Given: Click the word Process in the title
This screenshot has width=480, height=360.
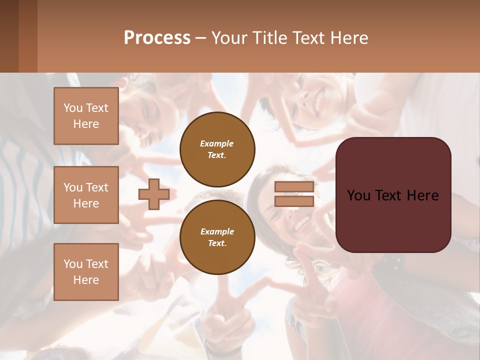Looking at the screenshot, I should click(157, 38).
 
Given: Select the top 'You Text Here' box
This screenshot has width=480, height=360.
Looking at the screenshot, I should click(86, 116).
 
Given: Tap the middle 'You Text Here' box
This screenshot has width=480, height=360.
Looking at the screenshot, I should click(86, 195).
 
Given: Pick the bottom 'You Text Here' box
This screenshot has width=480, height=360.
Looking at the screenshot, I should click(86, 271).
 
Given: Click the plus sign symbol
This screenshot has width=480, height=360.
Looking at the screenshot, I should click(154, 194).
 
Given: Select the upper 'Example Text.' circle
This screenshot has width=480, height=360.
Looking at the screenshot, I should click(217, 149).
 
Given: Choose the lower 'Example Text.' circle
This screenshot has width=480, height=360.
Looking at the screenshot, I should click(217, 237).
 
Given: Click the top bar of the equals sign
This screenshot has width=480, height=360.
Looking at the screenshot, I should click(294, 187).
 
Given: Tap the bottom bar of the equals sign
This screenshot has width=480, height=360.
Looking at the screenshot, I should click(294, 201).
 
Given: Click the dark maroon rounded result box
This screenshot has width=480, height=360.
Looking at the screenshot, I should click(393, 220).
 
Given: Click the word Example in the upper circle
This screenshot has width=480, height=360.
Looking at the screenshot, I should click(217, 143).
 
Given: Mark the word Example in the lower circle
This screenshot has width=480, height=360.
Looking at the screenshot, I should click(217, 231).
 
